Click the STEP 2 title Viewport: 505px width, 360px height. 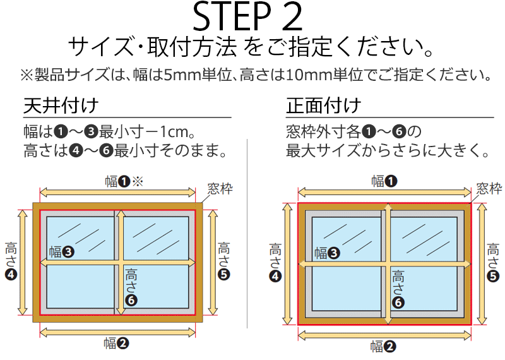(x=247, y=17)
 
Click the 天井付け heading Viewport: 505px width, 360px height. (x=61, y=105)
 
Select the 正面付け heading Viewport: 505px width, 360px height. (x=323, y=105)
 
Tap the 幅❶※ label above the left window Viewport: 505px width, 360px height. (x=124, y=181)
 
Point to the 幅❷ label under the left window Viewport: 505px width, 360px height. (x=116, y=344)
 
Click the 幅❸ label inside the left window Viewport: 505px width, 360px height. (x=61, y=252)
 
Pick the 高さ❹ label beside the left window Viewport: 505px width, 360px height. (x=11, y=261)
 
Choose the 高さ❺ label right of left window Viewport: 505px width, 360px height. (x=224, y=261)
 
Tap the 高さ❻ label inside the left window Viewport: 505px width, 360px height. (x=131, y=287)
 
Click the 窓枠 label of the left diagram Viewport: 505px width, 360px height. (x=220, y=189)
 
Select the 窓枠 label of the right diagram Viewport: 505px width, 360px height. (x=489, y=188)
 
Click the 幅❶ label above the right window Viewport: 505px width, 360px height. (x=384, y=181)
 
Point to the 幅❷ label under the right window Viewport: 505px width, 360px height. (x=383, y=347)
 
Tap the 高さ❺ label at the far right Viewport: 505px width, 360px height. (x=493, y=263)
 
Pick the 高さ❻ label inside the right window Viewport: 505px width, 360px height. (x=398, y=289)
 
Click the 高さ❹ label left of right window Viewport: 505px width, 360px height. (x=275, y=263)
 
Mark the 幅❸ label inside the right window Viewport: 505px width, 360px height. (x=327, y=253)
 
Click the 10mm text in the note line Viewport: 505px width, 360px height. (x=304, y=75)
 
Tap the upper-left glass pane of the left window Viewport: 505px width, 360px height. (x=80, y=238)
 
